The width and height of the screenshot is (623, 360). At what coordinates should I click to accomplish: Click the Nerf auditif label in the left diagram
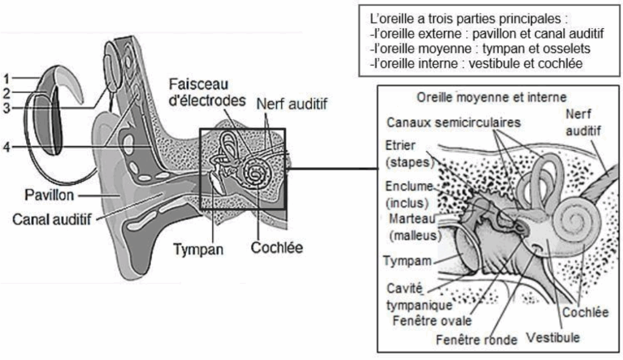pos(291,104)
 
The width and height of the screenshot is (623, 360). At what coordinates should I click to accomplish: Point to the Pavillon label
pos(50,196)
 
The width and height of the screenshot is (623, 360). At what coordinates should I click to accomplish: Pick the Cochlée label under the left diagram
pos(276,247)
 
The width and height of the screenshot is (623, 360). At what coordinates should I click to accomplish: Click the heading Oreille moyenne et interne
pos(491,97)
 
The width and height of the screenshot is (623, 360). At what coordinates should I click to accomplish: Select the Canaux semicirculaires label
pos(454,122)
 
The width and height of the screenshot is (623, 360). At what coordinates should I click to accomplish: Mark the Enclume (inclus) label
pos(408,193)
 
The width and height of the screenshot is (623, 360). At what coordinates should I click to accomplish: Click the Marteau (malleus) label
pos(411,226)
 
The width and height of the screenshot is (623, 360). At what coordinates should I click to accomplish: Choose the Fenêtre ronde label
pos(476,339)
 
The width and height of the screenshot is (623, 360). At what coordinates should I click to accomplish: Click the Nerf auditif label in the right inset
pos(582,122)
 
